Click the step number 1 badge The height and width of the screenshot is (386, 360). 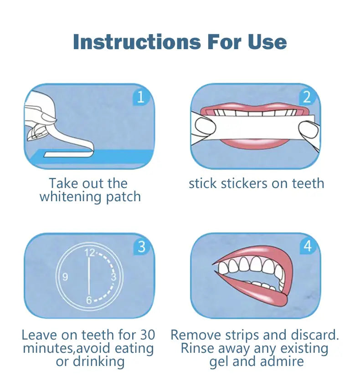pyautogui.click(x=141, y=96)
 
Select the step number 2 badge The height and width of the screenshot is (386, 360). pyautogui.click(x=307, y=96)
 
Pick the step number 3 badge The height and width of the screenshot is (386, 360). pyautogui.click(x=141, y=246)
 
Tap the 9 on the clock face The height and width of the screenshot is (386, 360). pyautogui.click(x=65, y=277)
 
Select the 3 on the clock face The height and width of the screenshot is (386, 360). pyautogui.click(x=113, y=277)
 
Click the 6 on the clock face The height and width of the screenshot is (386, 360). pyautogui.click(x=89, y=300)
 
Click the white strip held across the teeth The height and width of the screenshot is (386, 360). pyautogui.click(x=255, y=127)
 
